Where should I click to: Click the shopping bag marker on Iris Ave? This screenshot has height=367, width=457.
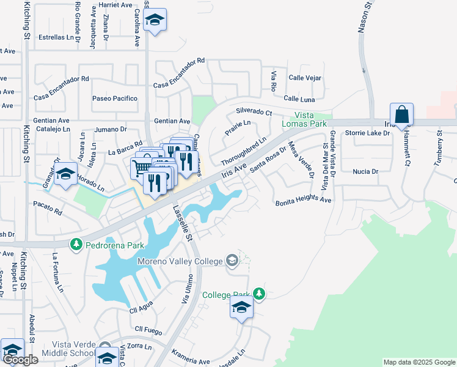click(402, 115)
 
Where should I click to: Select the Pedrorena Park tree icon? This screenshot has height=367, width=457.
click(76, 245)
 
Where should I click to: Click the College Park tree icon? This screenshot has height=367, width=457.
click(260, 294)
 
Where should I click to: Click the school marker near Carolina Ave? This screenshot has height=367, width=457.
click(155, 21)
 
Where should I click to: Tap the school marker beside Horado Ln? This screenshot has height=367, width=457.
click(65, 174)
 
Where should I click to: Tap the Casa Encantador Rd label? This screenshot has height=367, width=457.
click(61, 79)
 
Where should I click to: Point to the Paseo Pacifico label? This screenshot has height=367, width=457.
click(115, 98)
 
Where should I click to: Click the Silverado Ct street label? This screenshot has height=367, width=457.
click(254, 113)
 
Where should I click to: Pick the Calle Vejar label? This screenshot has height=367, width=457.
click(305, 78)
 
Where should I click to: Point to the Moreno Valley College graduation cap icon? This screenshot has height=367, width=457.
click(232, 261)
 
